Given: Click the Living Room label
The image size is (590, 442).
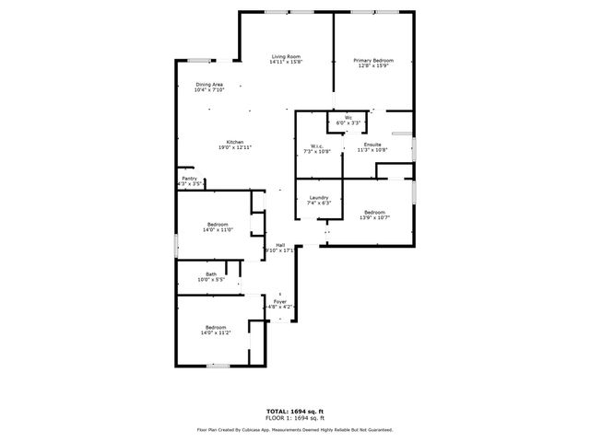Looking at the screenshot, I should pos(286,57).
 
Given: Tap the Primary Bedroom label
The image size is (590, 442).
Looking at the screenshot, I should pos(373,61).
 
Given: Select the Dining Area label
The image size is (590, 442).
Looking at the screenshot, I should pos(209,85).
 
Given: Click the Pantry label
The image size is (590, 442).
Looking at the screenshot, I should pos(189,179).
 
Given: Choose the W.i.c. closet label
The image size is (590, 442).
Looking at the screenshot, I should pos(315,145).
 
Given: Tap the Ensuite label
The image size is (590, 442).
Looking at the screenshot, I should pos(372,145).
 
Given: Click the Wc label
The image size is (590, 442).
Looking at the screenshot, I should pos(348,117).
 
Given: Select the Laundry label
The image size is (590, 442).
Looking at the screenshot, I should pos(319,198).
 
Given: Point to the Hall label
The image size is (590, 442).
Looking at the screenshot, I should pos(279,244).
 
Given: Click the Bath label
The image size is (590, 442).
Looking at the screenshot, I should pos(211,273).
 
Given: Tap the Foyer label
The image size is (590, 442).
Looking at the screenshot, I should pos(279,301).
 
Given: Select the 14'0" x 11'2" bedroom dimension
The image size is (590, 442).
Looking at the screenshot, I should pos(217,332).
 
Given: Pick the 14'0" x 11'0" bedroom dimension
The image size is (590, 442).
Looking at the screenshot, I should pos(218,229).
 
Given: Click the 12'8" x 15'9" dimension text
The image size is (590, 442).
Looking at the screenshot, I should pos(373,66).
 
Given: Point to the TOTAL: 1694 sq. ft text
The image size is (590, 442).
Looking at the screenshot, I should pos(294,411).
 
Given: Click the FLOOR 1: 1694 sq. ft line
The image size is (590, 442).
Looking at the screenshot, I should pos(294,418).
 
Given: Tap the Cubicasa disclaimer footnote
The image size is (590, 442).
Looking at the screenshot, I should pos(294,429).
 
